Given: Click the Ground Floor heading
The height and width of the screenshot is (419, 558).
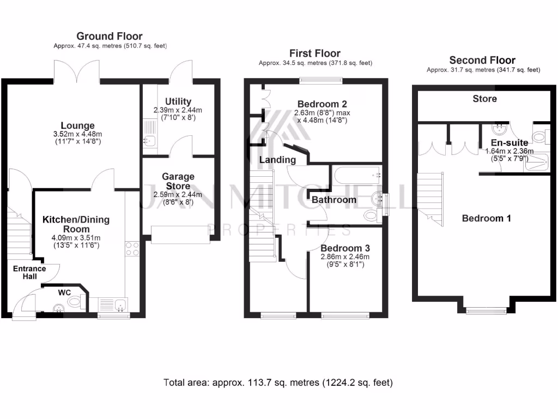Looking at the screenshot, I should pyautogui.click(x=109, y=37).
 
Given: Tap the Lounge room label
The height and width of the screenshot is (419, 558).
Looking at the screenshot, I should pyautogui.click(x=78, y=125).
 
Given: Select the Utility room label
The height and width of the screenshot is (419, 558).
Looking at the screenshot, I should pyautogui.click(x=178, y=101).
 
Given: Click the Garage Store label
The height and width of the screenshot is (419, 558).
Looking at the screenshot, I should pyautogui.click(x=178, y=181).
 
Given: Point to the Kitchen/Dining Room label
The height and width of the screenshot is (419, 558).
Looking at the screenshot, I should pyautogui.click(x=76, y=224).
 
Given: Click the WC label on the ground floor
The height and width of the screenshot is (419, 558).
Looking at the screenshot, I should pyautogui.click(x=64, y=292).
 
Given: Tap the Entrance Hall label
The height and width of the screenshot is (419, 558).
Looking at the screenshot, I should pyautogui.click(x=29, y=272).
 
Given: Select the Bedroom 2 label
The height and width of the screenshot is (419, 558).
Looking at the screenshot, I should pyautogui.click(x=322, y=104).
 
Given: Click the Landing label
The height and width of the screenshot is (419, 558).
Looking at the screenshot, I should pyautogui.click(x=277, y=160).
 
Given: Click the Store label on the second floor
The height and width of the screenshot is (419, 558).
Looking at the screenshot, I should pyautogui.click(x=484, y=99).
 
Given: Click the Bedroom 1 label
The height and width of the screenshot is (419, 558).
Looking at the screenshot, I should pyautogui.click(x=486, y=218).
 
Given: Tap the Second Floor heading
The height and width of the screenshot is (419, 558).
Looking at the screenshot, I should pyautogui.click(x=482, y=60).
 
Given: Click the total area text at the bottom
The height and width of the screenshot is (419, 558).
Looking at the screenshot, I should pyautogui.click(x=278, y=382).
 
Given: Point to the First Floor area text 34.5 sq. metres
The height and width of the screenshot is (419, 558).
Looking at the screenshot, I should pyautogui.click(x=315, y=63).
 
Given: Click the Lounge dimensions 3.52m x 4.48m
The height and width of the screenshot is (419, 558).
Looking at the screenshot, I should pyautogui.click(x=78, y=134).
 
